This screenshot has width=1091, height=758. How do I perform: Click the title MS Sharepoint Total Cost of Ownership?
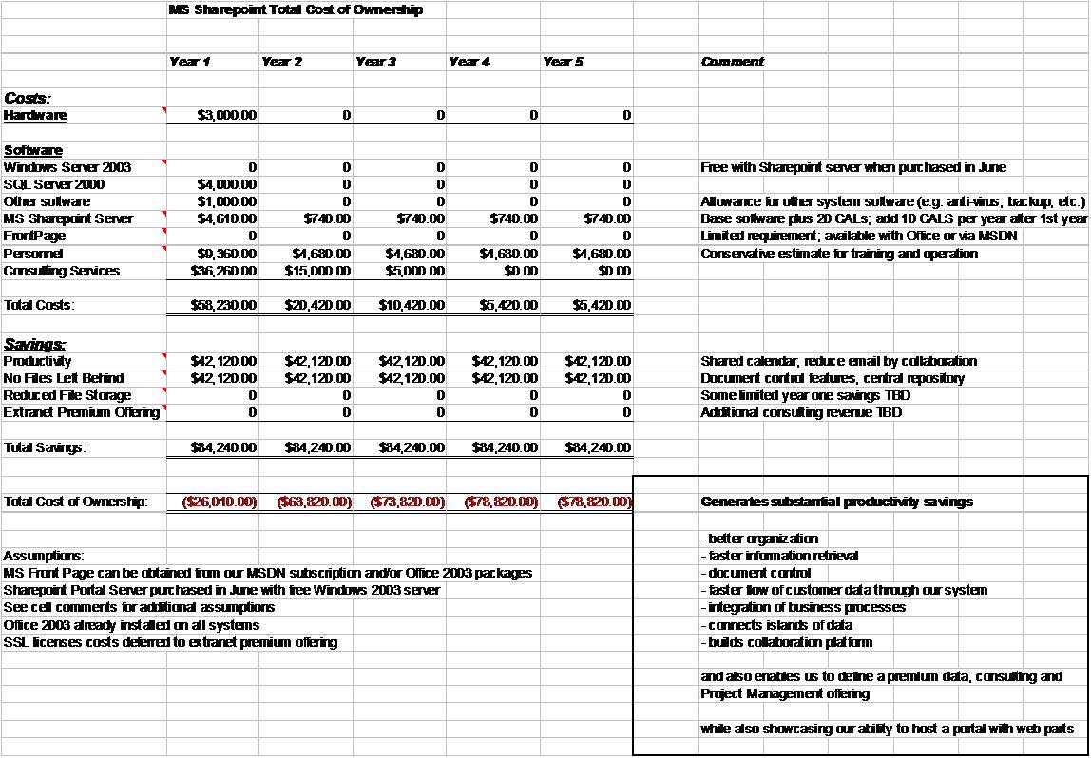click(295, 10)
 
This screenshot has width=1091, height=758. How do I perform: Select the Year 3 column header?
click(375, 62)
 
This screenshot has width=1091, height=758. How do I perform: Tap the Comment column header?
click(732, 62)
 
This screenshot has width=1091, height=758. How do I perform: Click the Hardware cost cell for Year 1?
click(226, 116)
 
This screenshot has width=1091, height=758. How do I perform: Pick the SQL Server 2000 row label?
click(54, 184)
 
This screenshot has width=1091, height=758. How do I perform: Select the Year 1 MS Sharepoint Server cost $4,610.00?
click(226, 218)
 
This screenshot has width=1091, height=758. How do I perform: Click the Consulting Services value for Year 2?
click(317, 271)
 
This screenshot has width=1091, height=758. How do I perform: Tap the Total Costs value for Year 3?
click(412, 305)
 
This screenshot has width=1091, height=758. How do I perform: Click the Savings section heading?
click(29, 344)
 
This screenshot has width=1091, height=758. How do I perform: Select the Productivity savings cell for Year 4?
click(505, 361)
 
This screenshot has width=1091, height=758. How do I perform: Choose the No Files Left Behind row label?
click(64, 378)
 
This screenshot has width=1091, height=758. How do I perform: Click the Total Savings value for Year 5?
click(598, 447)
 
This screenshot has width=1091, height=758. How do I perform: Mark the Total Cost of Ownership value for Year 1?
click(220, 502)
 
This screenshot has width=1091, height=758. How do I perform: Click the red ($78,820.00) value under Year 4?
click(501, 502)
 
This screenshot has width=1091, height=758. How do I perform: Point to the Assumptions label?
click(44, 556)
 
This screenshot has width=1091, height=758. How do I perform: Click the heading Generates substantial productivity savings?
click(836, 502)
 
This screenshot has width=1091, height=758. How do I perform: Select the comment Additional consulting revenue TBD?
click(801, 412)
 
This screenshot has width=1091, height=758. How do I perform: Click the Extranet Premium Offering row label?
click(82, 412)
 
